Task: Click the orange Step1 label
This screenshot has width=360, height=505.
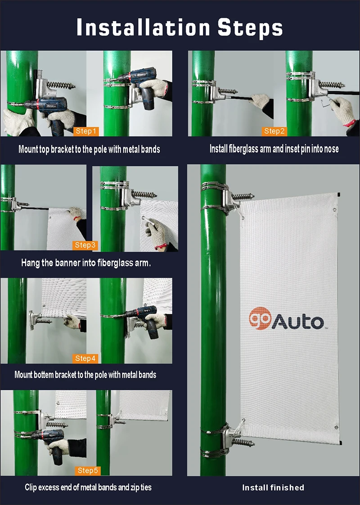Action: [x=85, y=131]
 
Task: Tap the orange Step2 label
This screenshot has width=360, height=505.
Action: [x=274, y=131]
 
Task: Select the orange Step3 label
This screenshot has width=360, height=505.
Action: [x=85, y=245]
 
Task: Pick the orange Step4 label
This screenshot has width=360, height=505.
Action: [x=85, y=358]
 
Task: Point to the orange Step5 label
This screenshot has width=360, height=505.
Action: [x=87, y=470]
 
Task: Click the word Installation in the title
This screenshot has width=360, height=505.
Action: [x=144, y=27]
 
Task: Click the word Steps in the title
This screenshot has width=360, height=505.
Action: [x=250, y=28]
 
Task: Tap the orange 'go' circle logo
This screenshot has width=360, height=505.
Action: [x=260, y=318]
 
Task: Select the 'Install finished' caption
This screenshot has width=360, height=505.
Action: [x=273, y=487]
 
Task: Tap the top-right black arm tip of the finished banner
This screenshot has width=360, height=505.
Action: [x=338, y=194]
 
